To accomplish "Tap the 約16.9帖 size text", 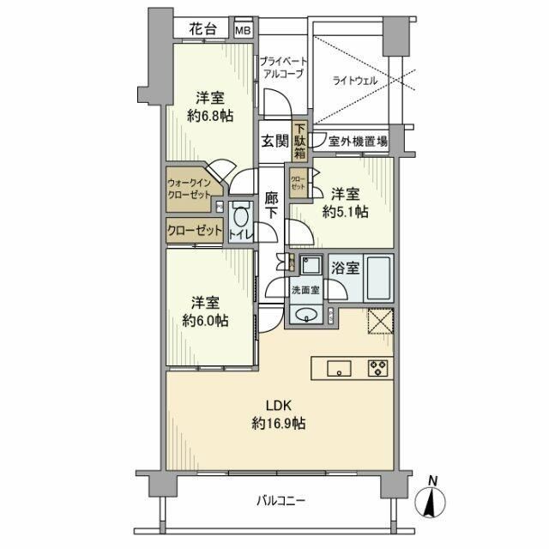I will pos(280,423).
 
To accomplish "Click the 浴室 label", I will pos(347,267).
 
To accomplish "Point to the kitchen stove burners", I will pos(378,368).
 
